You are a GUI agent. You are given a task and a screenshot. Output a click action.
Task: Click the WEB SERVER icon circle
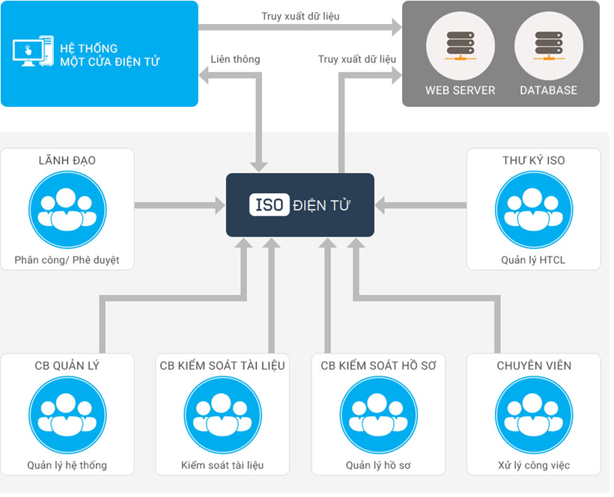[460, 46]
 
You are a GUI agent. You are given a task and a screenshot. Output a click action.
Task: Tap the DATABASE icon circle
[549, 46]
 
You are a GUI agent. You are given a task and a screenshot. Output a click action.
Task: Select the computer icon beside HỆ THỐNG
[33, 51]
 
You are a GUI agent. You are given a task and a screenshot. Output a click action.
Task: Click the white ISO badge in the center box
[270, 204]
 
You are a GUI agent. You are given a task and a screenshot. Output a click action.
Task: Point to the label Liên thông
[235, 59]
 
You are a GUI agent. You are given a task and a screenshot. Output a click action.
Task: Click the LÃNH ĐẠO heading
[67, 160]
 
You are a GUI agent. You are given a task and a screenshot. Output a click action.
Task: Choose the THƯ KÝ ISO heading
[534, 160]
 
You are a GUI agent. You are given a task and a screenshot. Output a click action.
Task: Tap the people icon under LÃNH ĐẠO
[67, 210]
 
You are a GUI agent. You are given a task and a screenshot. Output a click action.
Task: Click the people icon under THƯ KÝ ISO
[534, 210]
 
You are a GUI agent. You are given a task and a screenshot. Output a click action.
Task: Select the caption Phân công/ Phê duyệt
[67, 260]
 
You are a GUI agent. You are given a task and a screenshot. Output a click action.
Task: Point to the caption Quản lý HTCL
[533, 260]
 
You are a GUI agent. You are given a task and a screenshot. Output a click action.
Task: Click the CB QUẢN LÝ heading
[67, 365]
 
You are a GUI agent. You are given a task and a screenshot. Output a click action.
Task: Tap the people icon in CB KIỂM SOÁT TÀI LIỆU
[223, 415]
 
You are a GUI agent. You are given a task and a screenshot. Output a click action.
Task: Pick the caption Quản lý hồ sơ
[378, 466]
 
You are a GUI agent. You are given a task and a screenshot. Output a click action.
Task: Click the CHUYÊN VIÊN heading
[534, 365]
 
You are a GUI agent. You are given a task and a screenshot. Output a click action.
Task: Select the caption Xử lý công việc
[534, 466]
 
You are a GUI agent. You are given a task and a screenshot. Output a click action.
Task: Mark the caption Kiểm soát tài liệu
[222, 466]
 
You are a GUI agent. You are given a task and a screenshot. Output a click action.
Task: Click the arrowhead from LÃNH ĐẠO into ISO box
[220, 205]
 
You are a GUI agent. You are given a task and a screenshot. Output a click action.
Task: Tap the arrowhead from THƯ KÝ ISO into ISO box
[380, 205]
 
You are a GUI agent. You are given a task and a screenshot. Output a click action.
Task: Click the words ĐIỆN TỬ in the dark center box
[321, 205]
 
